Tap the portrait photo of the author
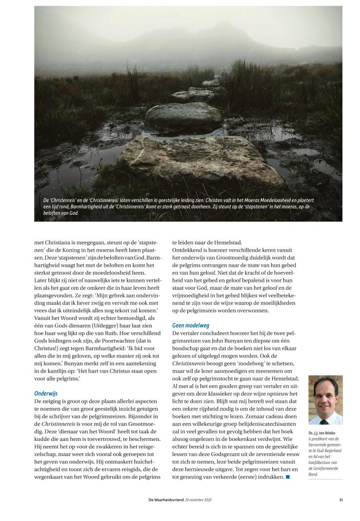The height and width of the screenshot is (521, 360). coord(325,400)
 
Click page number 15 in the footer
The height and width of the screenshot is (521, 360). coord(340,500)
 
